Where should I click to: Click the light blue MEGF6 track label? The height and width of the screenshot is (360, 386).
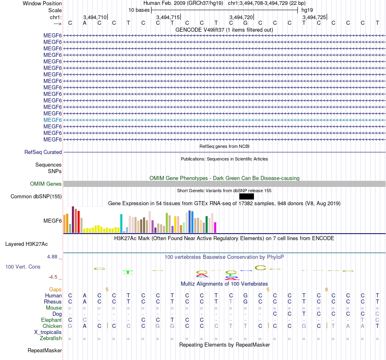(x=52, y=120)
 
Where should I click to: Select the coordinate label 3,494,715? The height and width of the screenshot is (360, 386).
(x=168, y=17)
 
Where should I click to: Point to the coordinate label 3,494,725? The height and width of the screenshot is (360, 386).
(x=314, y=17)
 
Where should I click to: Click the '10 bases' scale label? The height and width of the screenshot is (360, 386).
(x=139, y=10)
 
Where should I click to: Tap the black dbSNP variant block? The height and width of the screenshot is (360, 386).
(x=246, y=197)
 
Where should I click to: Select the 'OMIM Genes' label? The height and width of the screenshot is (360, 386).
(x=46, y=184)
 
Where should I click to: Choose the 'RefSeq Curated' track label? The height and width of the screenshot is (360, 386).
(x=43, y=152)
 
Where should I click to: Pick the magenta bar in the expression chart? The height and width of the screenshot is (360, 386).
(x=215, y=227)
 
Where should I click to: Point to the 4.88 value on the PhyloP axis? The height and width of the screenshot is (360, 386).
(x=53, y=257)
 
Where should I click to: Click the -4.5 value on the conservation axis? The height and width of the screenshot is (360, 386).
(x=53, y=277)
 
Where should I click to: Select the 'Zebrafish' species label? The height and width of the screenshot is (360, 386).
(x=51, y=338)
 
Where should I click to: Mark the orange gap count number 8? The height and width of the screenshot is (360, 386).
(x=326, y=289)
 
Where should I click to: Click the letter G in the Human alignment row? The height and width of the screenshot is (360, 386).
(x=245, y=295)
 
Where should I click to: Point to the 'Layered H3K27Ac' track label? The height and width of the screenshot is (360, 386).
(x=26, y=244)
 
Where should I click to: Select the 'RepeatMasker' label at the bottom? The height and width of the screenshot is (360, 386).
(x=45, y=350)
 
